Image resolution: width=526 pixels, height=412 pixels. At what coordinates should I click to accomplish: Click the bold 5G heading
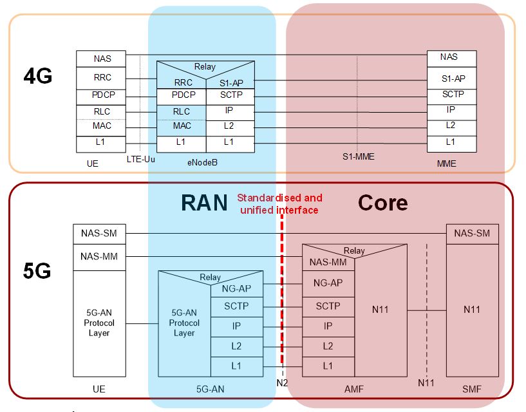point(37,271)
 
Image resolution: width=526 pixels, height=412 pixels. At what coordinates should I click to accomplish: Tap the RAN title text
point(204,203)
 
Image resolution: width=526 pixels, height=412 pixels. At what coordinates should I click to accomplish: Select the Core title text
point(382,203)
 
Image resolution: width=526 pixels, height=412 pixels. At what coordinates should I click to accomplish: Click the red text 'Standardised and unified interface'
point(279,203)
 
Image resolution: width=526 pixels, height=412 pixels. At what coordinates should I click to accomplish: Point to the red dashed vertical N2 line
point(282,290)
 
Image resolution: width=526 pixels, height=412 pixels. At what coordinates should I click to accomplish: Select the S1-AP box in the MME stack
point(453,79)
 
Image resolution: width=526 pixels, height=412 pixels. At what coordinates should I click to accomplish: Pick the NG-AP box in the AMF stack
point(328,283)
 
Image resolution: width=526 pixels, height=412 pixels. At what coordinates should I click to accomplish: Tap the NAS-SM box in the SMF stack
point(472,233)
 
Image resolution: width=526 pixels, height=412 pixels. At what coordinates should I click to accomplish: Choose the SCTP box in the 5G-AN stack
point(236,306)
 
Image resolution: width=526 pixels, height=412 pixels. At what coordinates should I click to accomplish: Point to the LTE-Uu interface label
point(141,158)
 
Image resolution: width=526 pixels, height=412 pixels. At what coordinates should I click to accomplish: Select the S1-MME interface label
point(358,156)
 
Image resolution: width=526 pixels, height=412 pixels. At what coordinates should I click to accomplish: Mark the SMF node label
point(471,389)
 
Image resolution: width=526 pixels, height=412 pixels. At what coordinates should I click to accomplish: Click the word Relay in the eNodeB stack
point(205,66)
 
